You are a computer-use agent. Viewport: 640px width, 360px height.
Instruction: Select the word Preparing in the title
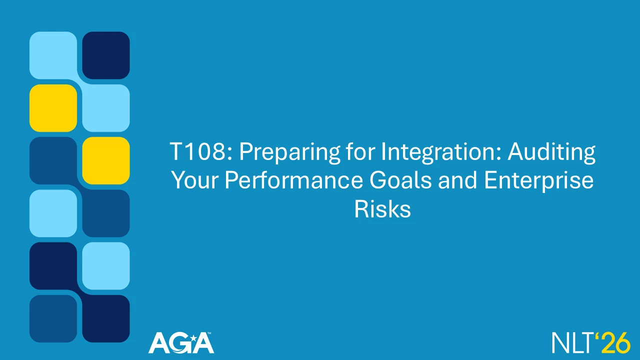pos(289,153)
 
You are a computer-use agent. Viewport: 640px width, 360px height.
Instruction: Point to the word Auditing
pos(551,153)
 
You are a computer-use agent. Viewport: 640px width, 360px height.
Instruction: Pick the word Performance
pos(293,180)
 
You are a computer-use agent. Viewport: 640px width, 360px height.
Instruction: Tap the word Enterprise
pos(538,181)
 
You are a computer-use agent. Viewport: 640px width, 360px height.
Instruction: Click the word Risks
pos(382,209)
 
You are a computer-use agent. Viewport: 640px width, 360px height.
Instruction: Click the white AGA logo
pos(181,343)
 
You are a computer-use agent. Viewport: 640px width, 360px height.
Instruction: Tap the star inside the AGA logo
pos(193,339)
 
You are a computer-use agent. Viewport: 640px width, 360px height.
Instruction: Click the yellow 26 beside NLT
pos(614,342)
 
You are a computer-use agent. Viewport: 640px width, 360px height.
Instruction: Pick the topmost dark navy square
pos(106,55)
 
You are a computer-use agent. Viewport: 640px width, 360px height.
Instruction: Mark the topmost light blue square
pos(53,55)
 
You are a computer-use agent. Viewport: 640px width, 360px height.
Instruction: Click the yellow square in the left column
pos(53,108)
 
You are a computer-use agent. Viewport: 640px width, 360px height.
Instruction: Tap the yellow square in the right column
pos(106,160)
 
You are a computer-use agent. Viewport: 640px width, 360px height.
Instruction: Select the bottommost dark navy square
pos(106,318)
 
